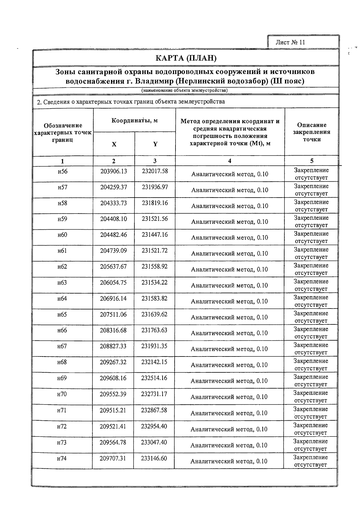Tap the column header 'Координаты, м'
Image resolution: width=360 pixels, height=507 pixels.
tap(134, 121)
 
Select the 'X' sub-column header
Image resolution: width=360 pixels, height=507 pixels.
tap(114, 144)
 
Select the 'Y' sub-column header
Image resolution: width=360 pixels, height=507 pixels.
tap(155, 144)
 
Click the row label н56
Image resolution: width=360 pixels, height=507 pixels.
tap(63, 171)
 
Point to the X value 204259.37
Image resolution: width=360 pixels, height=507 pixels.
tap(114, 187)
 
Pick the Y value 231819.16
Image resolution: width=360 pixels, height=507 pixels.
tap(155, 203)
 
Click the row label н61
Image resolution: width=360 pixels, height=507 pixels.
tap(62, 251)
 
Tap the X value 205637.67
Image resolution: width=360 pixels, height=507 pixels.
tap(113, 267)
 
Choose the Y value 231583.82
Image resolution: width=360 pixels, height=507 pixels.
tap(154, 298)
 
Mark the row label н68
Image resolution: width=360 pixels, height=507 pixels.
tap(62, 362)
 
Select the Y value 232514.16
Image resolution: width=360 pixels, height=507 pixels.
tap(154, 378)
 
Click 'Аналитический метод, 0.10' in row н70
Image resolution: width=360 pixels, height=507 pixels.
tap(229, 397)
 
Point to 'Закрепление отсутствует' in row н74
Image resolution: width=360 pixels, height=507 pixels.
tap(310, 461)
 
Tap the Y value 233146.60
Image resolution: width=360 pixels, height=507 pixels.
tap(154, 458)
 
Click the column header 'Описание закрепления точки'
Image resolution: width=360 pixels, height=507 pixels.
tap(312, 132)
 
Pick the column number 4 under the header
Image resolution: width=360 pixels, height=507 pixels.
tap(229, 161)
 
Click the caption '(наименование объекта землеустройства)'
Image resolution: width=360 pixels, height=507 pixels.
tap(184, 90)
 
